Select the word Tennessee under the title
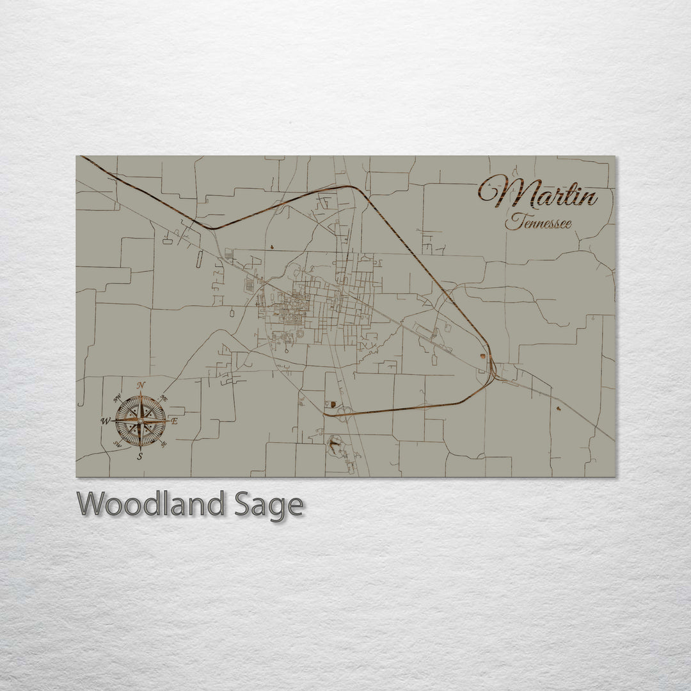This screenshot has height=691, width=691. click(537, 223)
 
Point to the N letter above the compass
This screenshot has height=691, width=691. click(141, 385)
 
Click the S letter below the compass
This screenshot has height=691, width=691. click(140, 456)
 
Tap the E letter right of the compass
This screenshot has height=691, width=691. click(174, 421)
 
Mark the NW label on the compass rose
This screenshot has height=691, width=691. click(117, 399)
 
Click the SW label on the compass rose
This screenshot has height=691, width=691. click(117, 443)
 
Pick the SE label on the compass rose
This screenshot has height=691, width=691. click(164, 443)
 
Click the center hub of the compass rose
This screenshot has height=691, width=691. click(140, 420)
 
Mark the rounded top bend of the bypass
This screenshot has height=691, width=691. click(351, 187)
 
